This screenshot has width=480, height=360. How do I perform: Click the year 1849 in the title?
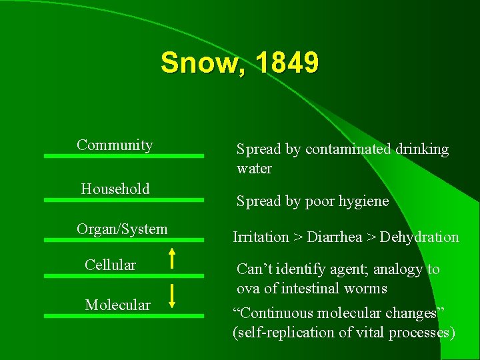point(286,63)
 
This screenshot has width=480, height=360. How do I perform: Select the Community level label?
point(115,145)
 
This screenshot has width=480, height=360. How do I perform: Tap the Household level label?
point(115,189)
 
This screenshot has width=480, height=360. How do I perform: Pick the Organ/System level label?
point(122,229)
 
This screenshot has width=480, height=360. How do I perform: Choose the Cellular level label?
point(110,265)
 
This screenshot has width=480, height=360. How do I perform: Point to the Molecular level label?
point(117,305)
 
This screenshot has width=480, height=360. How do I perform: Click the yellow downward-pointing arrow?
point(171,295)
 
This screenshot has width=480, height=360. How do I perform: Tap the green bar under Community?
point(124,155)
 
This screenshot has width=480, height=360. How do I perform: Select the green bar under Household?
point(124,199)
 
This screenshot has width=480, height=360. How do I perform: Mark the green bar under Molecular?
point(124,315)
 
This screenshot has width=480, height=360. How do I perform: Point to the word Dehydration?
point(419,237)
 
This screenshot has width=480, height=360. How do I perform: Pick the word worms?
point(365,288)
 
